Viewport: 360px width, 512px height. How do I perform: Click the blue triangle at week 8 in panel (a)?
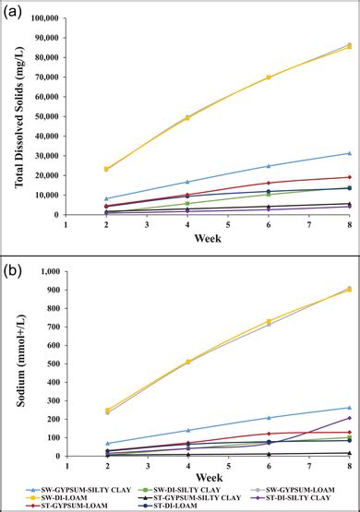[348, 153]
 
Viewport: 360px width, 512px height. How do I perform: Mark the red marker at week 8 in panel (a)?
[348, 177]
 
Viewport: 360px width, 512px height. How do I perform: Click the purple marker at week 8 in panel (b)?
[348, 418]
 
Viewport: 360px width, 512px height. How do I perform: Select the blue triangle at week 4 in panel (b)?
[188, 430]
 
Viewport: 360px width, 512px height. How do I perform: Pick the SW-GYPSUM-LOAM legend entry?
[304, 487]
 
